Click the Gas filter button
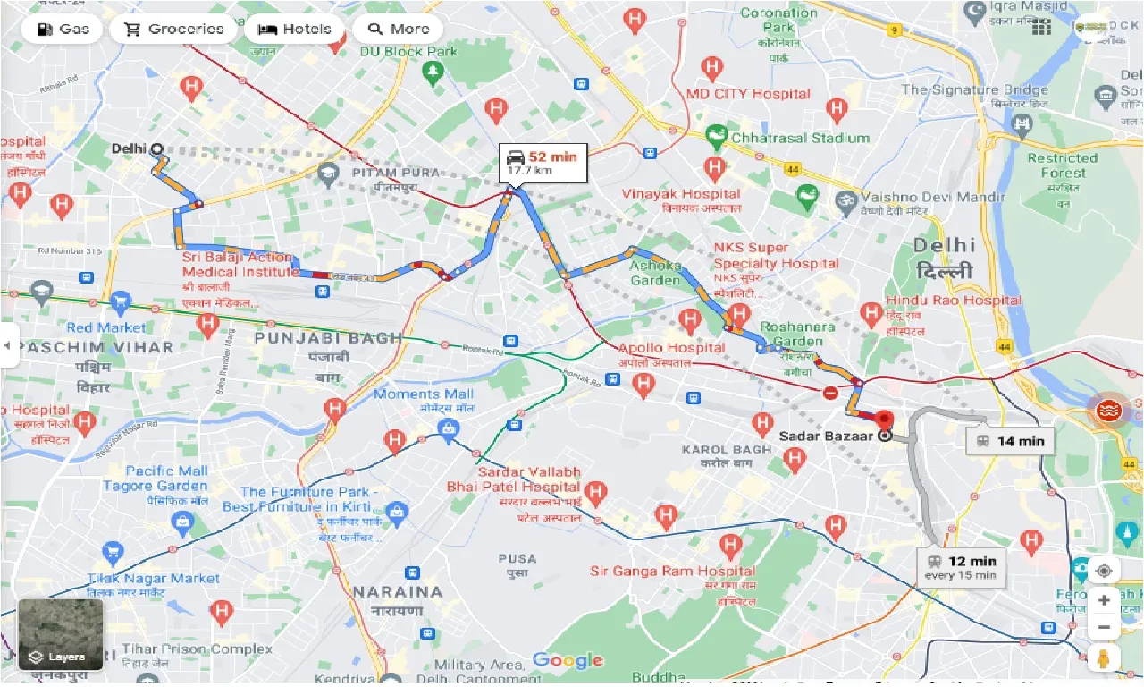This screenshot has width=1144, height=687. (x=62, y=29)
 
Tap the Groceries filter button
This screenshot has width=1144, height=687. (x=172, y=29)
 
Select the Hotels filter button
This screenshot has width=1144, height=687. (x=294, y=29)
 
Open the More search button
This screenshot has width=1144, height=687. (x=398, y=29)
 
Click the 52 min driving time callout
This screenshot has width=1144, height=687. (x=543, y=162)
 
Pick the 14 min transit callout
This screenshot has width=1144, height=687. (x=1010, y=440)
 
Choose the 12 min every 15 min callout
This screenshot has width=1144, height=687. (x=961, y=567)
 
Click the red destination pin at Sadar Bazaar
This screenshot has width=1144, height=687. (x=884, y=420)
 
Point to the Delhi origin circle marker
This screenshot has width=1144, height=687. (x=157, y=149)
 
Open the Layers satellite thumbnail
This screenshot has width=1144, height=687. (x=61, y=634)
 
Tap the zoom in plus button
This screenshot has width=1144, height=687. (x=1104, y=600)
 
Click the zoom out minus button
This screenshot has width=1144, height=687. (x=1104, y=628)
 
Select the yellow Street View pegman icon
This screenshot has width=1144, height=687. (x=1104, y=660)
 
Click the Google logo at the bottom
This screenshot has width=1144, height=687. (x=568, y=660)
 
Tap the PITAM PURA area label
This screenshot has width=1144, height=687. (x=395, y=172)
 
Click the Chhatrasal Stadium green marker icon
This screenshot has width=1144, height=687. (x=716, y=138)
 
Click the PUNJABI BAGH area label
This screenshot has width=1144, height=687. (x=328, y=338)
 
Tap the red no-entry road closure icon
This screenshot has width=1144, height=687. (x=830, y=392)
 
